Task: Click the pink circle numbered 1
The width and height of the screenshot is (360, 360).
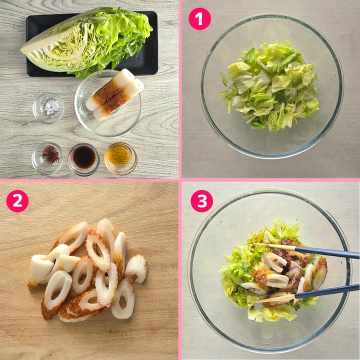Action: [199, 18]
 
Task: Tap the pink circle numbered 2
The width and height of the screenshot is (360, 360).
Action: [17, 200]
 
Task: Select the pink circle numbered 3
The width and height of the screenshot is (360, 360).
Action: [202, 200]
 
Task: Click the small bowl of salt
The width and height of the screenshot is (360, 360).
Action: [48, 107]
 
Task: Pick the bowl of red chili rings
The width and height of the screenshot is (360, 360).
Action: [47, 158]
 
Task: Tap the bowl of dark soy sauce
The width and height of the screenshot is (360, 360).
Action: [84, 159]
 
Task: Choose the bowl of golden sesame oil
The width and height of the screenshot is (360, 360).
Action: [120, 158]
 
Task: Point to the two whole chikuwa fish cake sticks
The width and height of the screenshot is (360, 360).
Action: [114, 94]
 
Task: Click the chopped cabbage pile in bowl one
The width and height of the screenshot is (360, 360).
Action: [270, 86]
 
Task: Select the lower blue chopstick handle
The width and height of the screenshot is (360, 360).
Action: [326, 291]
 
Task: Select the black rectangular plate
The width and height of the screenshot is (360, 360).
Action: [92, 43]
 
